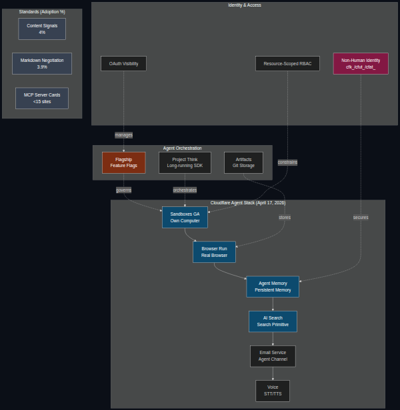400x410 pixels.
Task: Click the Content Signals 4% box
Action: click(x=42, y=29)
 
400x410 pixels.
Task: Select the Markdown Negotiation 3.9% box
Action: click(x=42, y=63)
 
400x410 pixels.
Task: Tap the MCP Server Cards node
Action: click(x=42, y=98)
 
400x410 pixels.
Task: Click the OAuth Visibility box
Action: click(x=123, y=63)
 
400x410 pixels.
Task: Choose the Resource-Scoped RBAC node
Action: click(x=287, y=63)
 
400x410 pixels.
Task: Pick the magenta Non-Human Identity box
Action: click(x=361, y=63)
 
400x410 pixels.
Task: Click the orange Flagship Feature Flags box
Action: click(x=123, y=162)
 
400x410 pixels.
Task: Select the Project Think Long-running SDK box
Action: click(x=185, y=162)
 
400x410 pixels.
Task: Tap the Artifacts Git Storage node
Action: click(x=243, y=162)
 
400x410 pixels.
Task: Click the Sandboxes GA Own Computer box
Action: click(x=185, y=217)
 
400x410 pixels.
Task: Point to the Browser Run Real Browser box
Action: click(x=214, y=252)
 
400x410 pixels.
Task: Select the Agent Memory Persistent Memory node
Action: click(x=273, y=287)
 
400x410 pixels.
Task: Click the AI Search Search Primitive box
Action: click(x=273, y=321)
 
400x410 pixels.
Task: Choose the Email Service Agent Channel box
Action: click(x=273, y=356)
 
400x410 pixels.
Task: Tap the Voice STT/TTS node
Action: click(x=273, y=391)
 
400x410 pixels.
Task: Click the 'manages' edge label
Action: click(x=123, y=135)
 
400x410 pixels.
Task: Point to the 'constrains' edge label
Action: click(x=287, y=162)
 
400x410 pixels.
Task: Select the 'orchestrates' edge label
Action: click(x=185, y=190)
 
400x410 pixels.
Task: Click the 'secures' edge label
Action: click(x=361, y=217)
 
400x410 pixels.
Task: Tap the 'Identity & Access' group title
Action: click(x=245, y=5)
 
